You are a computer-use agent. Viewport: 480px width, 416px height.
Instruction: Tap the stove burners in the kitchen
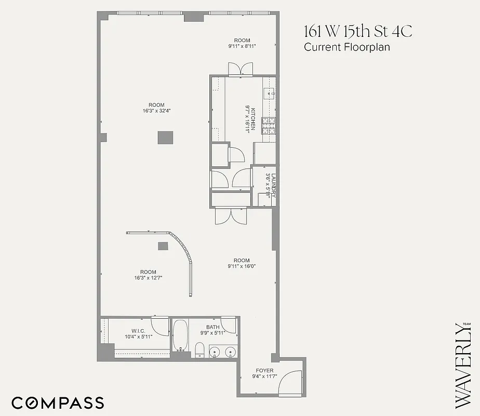pyautogui.click(x=268, y=125)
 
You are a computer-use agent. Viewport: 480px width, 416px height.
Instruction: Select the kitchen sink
pyautogui.click(x=269, y=94)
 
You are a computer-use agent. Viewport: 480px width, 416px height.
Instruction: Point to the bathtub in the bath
pyautogui.click(x=180, y=335)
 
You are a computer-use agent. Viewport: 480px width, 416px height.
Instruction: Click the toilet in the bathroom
pyautogui.click(x=199, y=350)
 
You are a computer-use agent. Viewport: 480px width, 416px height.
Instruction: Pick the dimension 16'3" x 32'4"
pyautogui.click(x=156, y=111)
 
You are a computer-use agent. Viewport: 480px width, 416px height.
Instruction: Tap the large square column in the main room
pyautogui.click(x=166, y=138)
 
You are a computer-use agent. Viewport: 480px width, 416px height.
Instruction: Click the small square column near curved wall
pyautogui.click(x=163, y=246)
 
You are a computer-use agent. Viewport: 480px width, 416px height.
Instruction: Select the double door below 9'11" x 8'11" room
pyautogui.click(x=242, y=69)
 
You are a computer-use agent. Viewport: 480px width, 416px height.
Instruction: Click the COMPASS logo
pyautogui.click(x=58, y=402)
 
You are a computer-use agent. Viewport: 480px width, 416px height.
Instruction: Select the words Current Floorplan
pyautogui.click(x=346, y=47)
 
